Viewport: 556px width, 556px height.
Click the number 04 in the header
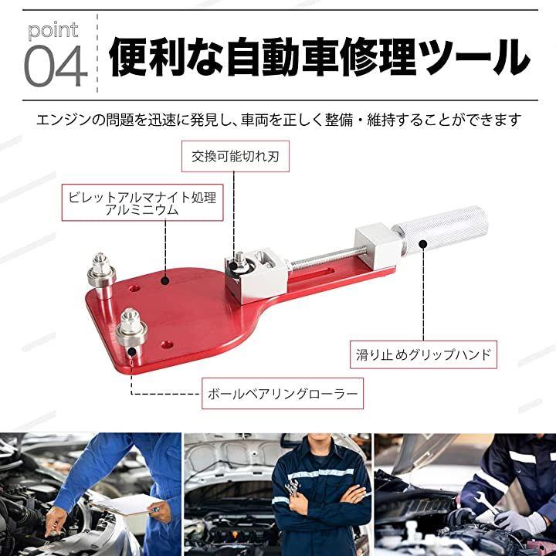pyautogui.click(x=56, y=66)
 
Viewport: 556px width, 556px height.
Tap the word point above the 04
pyautogui.click(x=53, y=30)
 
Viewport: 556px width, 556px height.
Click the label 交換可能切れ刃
pyautogui.click(x=235, y=156)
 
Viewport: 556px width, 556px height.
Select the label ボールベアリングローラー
pyautogui.click(x=283, y=394)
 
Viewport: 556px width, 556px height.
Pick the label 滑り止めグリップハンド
pyautogui.click(x=423, y=354)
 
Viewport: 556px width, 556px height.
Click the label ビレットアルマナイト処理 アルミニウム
pyautogui.click(x=143, y=203)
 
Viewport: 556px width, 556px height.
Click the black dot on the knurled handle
pyautogui.click(x=422, y=244)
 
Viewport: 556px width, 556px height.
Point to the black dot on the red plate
pyautogui.click(x=164, y=281)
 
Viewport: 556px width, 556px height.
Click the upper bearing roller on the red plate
pyautogui.click(x=101, y=273)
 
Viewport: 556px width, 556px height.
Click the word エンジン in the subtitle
pyautogui.click(x=63, y=120)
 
